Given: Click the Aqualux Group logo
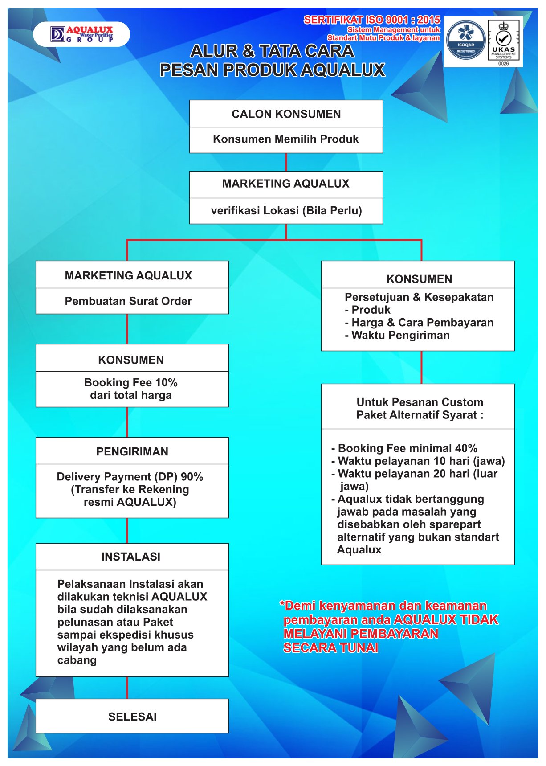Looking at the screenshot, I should click(81, 34).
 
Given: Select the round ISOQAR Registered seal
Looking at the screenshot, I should click(466, 41).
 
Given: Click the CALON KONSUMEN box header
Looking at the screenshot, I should click(286, 114).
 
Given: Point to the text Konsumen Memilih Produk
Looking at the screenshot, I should click(286, 139).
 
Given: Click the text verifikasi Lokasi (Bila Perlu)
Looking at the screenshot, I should click(286, 210).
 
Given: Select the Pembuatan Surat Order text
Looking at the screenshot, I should click(128, 301).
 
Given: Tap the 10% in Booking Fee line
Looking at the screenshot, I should click(167, 382).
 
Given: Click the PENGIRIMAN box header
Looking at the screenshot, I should click(132, 451).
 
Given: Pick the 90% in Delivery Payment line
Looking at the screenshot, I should click(192, 477).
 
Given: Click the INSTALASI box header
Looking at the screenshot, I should click(131, 557).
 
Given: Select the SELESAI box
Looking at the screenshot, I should click(132, 716).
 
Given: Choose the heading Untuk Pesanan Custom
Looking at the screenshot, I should click(420, 402).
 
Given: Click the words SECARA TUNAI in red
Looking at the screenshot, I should click(331, 648).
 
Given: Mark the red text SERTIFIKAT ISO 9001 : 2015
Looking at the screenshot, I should click(372, 20).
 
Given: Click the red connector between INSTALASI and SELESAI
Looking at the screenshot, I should click(127, 688).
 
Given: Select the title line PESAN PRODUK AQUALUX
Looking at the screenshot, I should click(272, 70).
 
